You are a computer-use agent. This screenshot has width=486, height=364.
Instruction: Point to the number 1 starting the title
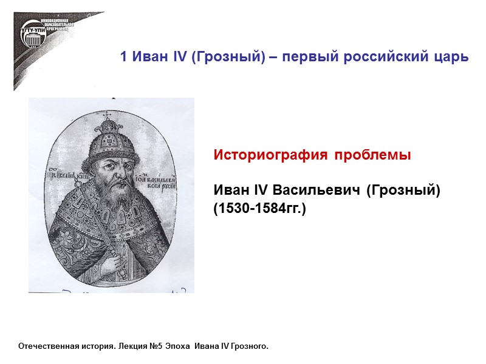123,58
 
